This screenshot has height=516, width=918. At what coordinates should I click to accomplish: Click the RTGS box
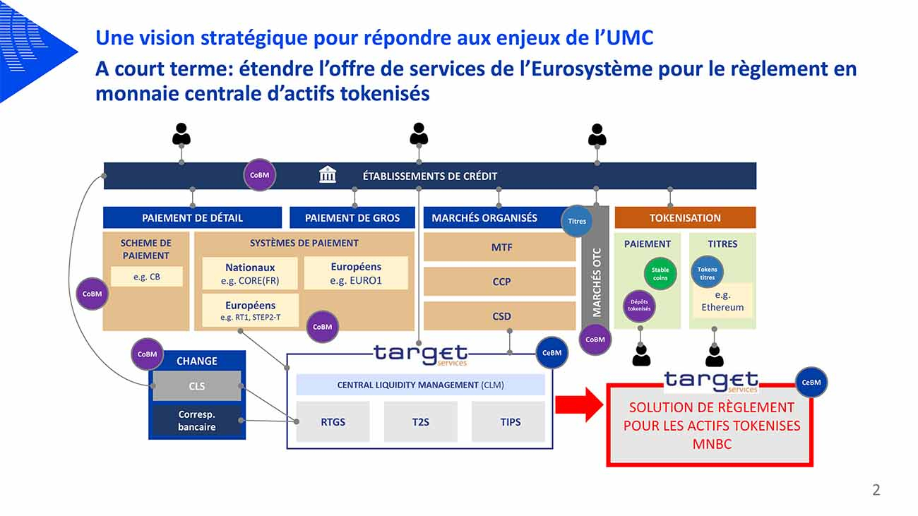(333, 422)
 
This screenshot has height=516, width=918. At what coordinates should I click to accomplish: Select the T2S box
(420, 422)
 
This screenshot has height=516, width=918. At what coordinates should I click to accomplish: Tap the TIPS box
(508, 422)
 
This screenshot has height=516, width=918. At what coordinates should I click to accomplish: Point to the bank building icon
(328, 175)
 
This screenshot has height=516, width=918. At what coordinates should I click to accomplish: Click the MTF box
(500, 248)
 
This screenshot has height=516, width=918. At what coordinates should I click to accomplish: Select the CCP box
(500, 282)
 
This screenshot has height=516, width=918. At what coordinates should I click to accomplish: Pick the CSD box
(500, 316)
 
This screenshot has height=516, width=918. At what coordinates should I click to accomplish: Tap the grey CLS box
(197, 386)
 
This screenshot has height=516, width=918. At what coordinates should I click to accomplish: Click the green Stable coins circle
(660, 274)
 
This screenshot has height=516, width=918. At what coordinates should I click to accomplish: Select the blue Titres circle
(577, 221)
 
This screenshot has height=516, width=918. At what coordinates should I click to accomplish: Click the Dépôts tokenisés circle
(639, 306)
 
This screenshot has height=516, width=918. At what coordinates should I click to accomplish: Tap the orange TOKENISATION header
(685, 217)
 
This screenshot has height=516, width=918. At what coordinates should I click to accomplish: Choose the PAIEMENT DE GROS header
(352, 217)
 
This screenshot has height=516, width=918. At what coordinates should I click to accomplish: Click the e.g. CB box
(147, 277)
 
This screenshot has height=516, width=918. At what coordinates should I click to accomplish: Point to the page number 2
(876, 490)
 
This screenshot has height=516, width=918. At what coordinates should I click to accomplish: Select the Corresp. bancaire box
(197, 421)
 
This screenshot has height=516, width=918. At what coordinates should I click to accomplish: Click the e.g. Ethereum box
(722, 301)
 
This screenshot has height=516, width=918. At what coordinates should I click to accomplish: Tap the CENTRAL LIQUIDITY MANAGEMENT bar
(420, 385)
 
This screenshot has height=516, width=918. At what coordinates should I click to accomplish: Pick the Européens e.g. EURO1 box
(356, 273)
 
